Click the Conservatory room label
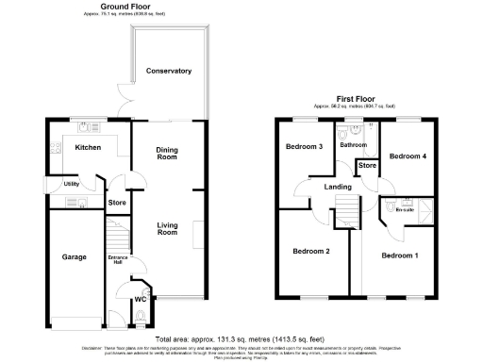(169, 71)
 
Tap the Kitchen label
(88, 148)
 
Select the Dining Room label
(167, 153)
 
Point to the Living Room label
(167, 227)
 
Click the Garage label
(75, 256)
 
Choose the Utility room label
(71, 184)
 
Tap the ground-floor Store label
(117, 202)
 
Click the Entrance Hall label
(118, 261)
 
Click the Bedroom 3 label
(306, 146)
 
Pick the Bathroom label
(354, 145)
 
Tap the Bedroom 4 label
(408, 156)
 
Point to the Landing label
(337, 187)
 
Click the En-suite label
(406, 212)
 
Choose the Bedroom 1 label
(400, 255)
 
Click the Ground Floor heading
(104, 7)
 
